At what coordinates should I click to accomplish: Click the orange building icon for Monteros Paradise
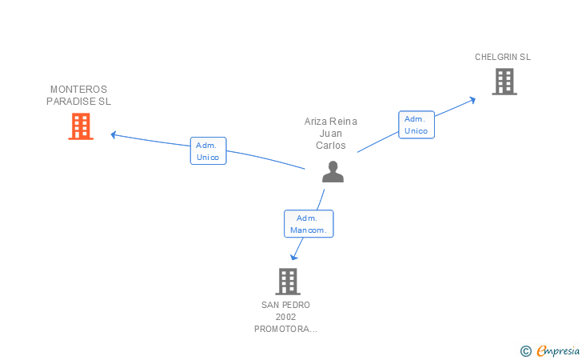81,126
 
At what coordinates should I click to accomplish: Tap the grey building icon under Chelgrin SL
504,82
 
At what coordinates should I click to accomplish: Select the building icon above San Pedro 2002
288,282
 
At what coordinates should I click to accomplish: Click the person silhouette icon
333,171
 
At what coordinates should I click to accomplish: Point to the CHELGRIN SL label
503,58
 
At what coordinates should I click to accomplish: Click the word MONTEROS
78,90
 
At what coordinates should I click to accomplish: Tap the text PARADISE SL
78,102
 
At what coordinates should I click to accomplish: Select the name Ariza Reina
331,122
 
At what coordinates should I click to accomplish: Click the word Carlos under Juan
331,146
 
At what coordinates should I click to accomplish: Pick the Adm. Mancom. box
309,224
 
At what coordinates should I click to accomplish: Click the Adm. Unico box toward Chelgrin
417,125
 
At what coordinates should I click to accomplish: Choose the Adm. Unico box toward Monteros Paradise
209,151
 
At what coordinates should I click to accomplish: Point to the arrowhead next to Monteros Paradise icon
114,134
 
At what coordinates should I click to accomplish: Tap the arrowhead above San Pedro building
294,256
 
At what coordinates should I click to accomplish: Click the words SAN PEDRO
285,305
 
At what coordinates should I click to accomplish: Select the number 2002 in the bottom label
285,317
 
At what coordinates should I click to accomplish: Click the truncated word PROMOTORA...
285,329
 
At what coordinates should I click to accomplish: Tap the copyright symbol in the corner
525,350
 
